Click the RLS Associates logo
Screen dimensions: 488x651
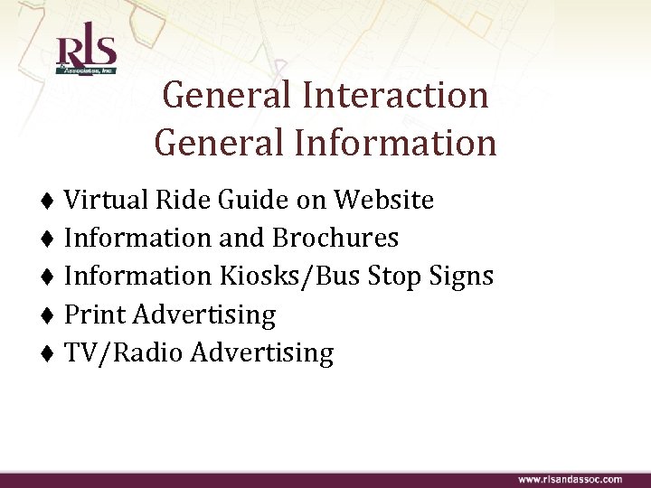click(86, 53)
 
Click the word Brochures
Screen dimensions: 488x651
click(335, 238)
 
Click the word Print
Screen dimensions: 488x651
click(96, 314)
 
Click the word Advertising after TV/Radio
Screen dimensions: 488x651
click(261, 352)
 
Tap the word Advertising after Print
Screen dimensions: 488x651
click(203, 314)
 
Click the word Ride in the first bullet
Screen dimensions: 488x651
click(175, 199)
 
